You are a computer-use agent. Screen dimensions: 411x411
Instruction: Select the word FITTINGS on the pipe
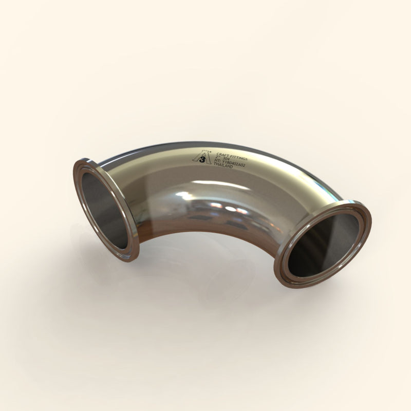click(239, 152)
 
